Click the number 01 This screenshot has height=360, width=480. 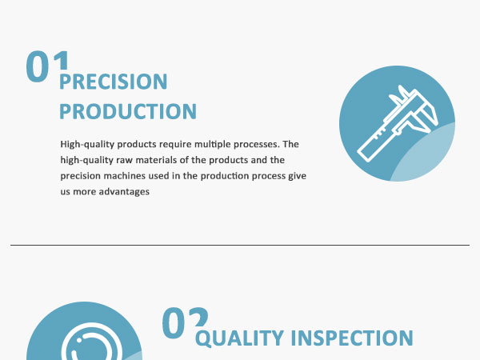[x=47, y=66]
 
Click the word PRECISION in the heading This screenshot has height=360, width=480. [x=114, y=82]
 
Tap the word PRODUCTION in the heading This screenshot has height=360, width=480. [x=128, y=111]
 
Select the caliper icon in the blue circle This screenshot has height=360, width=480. [x=398, y=123]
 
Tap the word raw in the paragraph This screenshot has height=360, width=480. [x=124, y=161]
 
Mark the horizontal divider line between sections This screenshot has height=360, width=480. [x=240, y=245]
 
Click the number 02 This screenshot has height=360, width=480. [x=185, y=323]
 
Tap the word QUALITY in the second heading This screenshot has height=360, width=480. [x=239, y=338]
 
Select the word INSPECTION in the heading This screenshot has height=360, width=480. [x=352, y=338]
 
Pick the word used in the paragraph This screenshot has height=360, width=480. [x=158, y=176]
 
